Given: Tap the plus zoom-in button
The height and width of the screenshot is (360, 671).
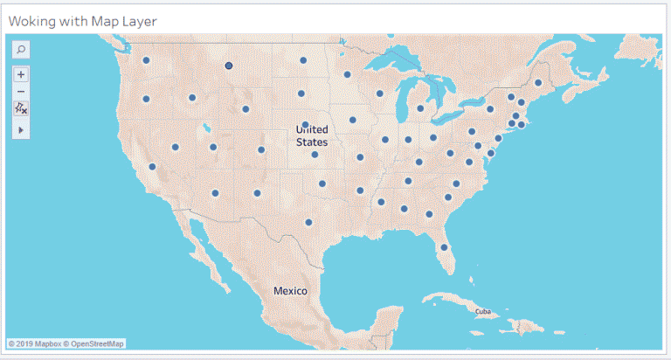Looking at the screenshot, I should coord(21,74).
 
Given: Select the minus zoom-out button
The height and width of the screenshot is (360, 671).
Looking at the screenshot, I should coord(21,92).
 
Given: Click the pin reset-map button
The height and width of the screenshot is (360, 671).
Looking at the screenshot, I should coord(21,108).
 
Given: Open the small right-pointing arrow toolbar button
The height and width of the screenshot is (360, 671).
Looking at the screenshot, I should coord(21,129).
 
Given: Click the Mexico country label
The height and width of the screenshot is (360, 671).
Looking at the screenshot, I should coord(290,290).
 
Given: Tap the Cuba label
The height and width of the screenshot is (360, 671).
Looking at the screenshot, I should coord(482,311).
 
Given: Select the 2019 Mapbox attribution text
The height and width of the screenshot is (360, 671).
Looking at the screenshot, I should coord(31,343).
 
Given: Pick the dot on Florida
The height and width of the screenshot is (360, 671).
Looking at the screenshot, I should coord(444,247).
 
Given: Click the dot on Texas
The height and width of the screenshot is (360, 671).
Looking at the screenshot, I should coord(308,222).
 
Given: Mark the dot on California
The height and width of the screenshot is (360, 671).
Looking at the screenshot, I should coord(152,166).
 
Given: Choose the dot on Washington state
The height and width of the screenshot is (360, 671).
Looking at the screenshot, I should coord(146,60).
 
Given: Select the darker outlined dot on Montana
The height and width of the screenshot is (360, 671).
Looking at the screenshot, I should coord(229,66).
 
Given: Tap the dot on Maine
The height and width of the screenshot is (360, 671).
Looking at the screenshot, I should coord(538,83).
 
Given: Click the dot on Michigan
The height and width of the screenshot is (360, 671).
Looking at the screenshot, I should coord(420,109).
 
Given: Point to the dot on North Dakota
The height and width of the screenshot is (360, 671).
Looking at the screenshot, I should coord(303,60).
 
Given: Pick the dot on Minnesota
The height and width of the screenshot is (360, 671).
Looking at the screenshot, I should coord(347,74).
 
